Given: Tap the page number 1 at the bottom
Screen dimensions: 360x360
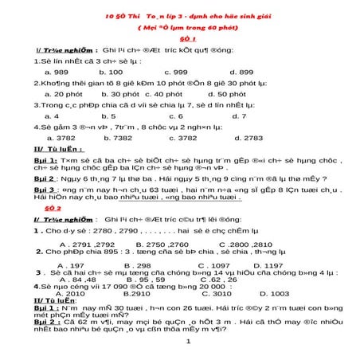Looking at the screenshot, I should tap(186, 342).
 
